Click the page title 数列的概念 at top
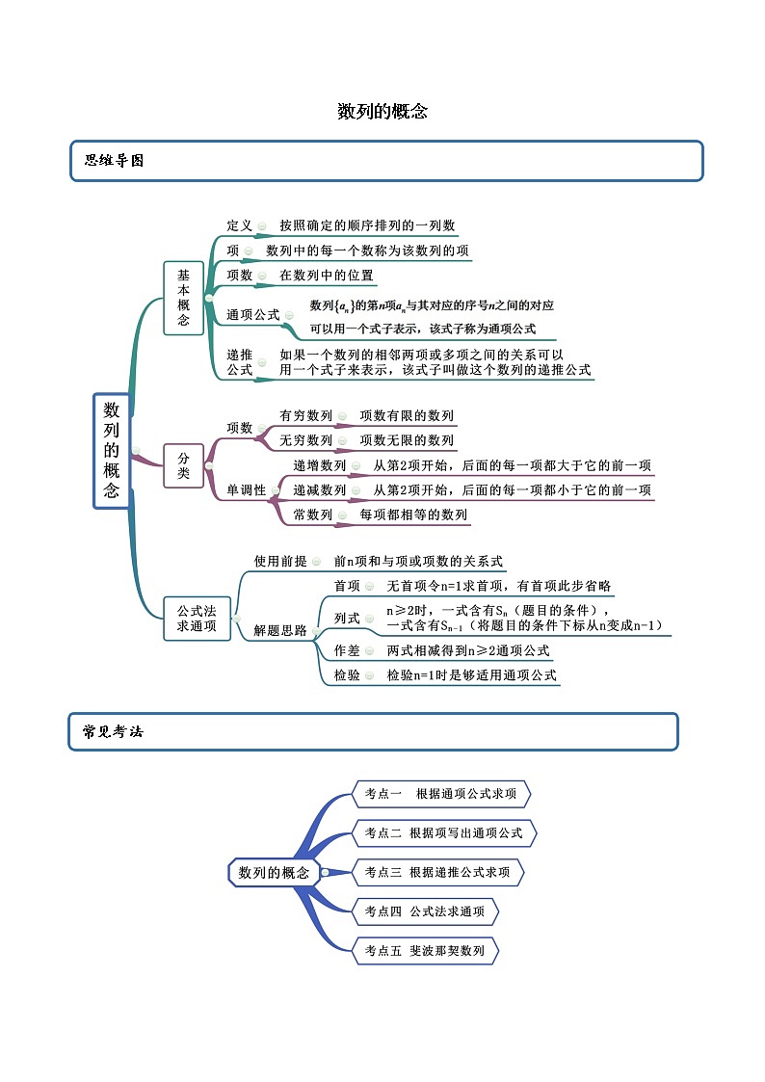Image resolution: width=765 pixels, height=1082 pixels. [382, 112]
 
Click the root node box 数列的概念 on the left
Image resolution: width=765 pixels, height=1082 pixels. [112, 450]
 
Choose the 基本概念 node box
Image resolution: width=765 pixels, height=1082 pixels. [183, 298]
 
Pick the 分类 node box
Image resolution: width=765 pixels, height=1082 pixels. [183, 465]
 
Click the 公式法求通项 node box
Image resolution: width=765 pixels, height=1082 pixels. [197, 619]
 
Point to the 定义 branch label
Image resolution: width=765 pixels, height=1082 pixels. [239, 225]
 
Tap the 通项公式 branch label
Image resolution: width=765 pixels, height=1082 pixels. [252, 314]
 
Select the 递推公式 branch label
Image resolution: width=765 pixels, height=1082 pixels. [239, 361]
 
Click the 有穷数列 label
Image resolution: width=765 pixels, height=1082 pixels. [305, 416]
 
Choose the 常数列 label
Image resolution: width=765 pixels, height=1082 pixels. [312, 515]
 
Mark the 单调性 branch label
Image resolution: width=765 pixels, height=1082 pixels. [246, 490]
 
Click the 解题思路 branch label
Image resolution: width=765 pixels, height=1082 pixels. [279, 631]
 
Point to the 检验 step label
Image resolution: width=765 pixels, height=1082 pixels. [347, 675]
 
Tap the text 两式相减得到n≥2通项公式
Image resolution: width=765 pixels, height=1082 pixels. [468, 650]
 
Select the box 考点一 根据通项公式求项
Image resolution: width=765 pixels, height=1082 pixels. [441, 795]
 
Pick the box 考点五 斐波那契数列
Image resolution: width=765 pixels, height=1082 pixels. [425, 951]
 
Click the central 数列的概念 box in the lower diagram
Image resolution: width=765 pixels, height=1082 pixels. [274, 873]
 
